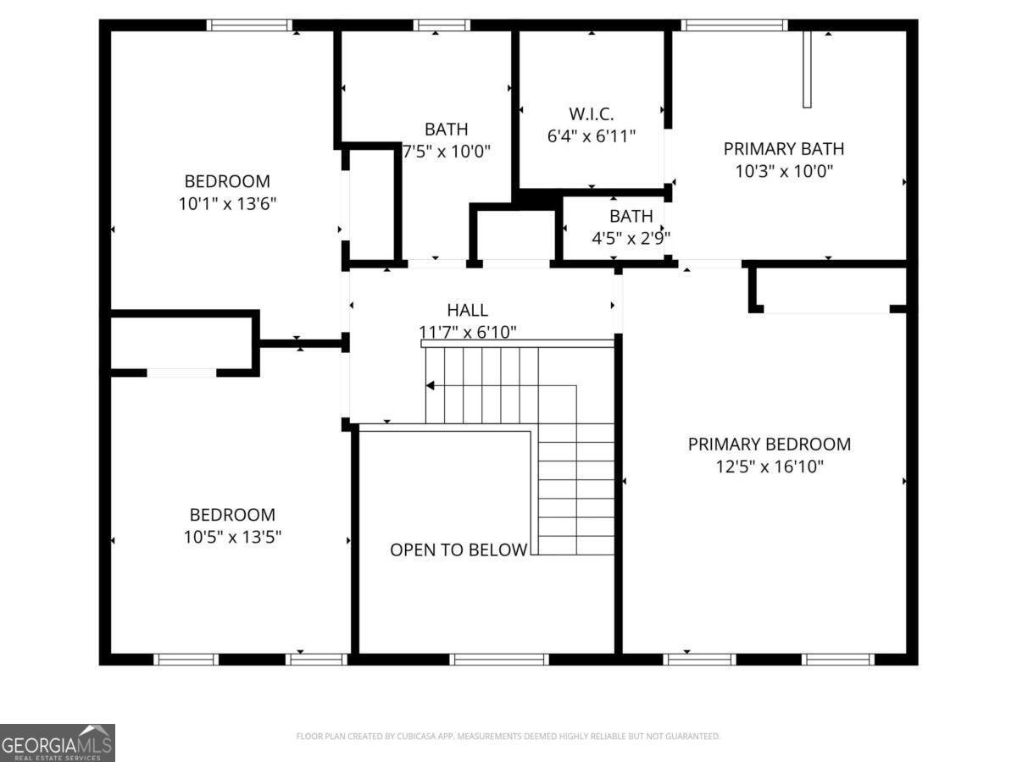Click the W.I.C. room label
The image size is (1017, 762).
pos(591,113)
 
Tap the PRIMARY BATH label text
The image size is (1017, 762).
pos(783,149)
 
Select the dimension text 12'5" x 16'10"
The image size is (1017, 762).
pos(770,467)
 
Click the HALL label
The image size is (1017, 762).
pos(467,310)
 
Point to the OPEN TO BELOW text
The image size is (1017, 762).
pos(458,549)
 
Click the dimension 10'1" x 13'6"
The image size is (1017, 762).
pos(227,203)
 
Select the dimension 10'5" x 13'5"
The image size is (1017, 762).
pos(232,537)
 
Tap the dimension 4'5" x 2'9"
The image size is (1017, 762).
pos(631,238)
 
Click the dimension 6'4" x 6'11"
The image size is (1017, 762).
pos(592,136)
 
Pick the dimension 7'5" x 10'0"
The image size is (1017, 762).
pos(446,152)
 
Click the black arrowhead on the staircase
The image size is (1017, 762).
pos(431,385)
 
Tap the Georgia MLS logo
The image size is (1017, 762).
pos(57,743)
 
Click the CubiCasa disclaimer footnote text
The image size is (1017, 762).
pos(508,736)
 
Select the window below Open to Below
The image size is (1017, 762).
pos(499,659)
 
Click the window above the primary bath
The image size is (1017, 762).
pos(735,25)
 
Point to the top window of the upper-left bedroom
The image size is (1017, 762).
pos(249,25)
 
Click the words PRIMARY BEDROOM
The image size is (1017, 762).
pos(770,444)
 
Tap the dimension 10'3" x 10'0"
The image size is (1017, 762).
pos(784,171)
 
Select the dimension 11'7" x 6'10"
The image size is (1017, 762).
pos(467,332)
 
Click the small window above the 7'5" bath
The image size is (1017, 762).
pos(442,25)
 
